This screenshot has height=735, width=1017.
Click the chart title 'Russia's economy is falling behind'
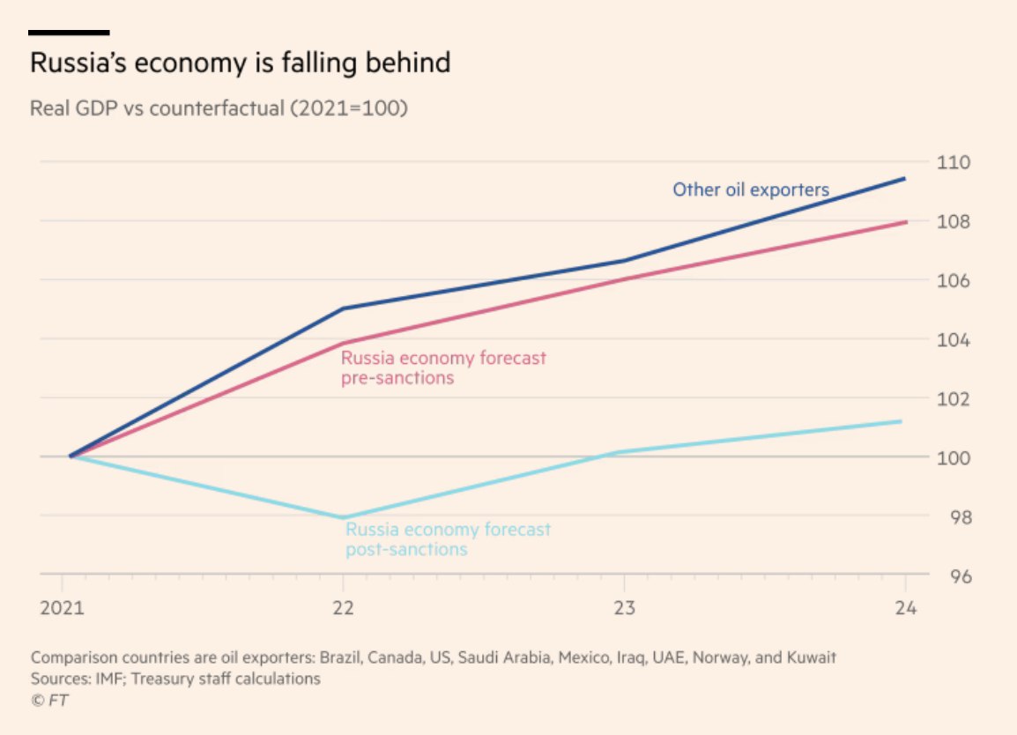coord(240,63)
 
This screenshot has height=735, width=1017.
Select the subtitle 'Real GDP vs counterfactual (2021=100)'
coord(219,108)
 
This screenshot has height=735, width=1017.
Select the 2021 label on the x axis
coord(62,609)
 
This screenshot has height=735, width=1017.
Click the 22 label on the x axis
coord(343,609)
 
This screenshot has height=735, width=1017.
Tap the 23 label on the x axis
coord(624,609)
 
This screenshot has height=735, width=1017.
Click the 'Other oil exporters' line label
coord(751,189)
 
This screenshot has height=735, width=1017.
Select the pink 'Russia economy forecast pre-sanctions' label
coord(443,368)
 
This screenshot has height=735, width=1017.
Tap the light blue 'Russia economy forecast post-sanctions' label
coord(448,539)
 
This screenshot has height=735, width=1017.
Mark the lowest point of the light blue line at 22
coord(343,517)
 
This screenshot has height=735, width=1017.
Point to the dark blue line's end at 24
coord(904,179)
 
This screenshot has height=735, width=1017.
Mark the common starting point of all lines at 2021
coord(71,457)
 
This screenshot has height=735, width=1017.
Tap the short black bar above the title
coord(69,33)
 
